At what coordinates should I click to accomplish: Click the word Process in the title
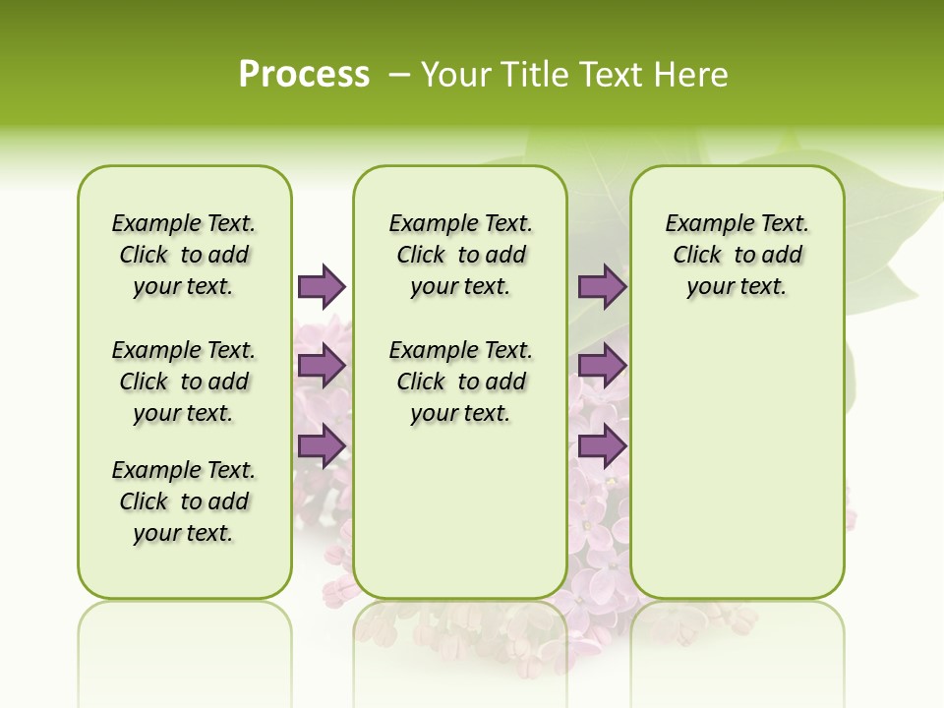tap(304, 75)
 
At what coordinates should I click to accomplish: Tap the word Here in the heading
tap(692, 75)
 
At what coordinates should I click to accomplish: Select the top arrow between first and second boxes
tap(322, 286)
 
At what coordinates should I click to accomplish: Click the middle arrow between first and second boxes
tap(322, 366)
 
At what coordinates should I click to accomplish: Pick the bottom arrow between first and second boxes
tap(322, 445)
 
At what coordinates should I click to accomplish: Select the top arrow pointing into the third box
tap(602, 286)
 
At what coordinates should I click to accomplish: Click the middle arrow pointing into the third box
tap(602, 366)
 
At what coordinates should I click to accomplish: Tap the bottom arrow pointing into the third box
tap(602, 445)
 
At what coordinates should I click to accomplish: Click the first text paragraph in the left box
tap(184, 255)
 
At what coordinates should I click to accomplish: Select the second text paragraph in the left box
tap(184, 382)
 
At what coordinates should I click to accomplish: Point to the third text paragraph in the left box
tap(184, 501)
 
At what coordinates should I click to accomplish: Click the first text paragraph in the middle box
tap(460, 255)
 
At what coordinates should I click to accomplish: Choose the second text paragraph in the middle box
tap(460, 382)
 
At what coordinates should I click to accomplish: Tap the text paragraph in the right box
tap(737, 255)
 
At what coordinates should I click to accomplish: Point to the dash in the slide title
tap(399, 75)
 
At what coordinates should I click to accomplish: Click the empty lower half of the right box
tap(737, 472)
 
